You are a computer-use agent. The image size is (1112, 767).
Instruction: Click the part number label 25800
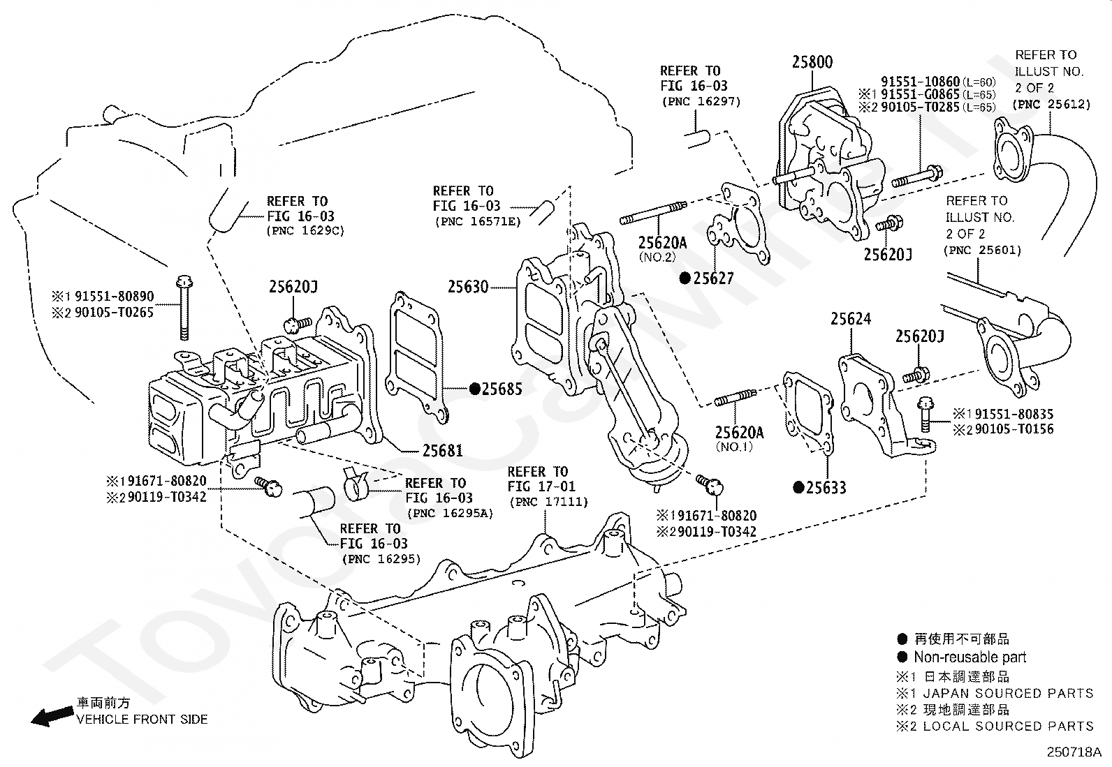coord(812,62)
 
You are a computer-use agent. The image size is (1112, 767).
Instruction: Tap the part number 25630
coord(468,287)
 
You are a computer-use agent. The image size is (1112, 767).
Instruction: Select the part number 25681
coord(442,450)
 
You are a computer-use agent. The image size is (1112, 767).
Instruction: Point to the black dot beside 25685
coord(475,389)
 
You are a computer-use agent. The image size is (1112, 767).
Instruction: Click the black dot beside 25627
coord(685,278)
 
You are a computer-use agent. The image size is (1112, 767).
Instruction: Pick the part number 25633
coord(826,488)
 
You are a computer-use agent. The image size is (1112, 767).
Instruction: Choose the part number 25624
coord(851,318)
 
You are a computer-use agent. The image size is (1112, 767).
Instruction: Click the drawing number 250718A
coord(1074,752)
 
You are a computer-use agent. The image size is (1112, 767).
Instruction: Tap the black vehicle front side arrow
coord(52,716)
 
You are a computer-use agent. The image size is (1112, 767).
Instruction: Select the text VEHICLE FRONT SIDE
coord(142,720)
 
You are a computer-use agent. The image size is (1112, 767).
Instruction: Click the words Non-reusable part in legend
coord(970,657)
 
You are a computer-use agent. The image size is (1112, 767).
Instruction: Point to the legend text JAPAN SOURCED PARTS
coord(1008,693)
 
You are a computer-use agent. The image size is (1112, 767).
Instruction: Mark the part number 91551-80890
coord(114,296)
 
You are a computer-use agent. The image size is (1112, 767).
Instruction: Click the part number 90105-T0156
coord(1014,429)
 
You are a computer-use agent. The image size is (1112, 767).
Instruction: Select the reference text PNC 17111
coord(548,502)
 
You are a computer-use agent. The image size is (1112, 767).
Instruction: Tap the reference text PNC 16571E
coord(478,222)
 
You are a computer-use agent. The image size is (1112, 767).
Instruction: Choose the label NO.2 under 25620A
coord(657,257)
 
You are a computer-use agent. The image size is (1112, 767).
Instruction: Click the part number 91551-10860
coord(920,82)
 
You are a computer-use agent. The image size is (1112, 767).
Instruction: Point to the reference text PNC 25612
coord(1051,104)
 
